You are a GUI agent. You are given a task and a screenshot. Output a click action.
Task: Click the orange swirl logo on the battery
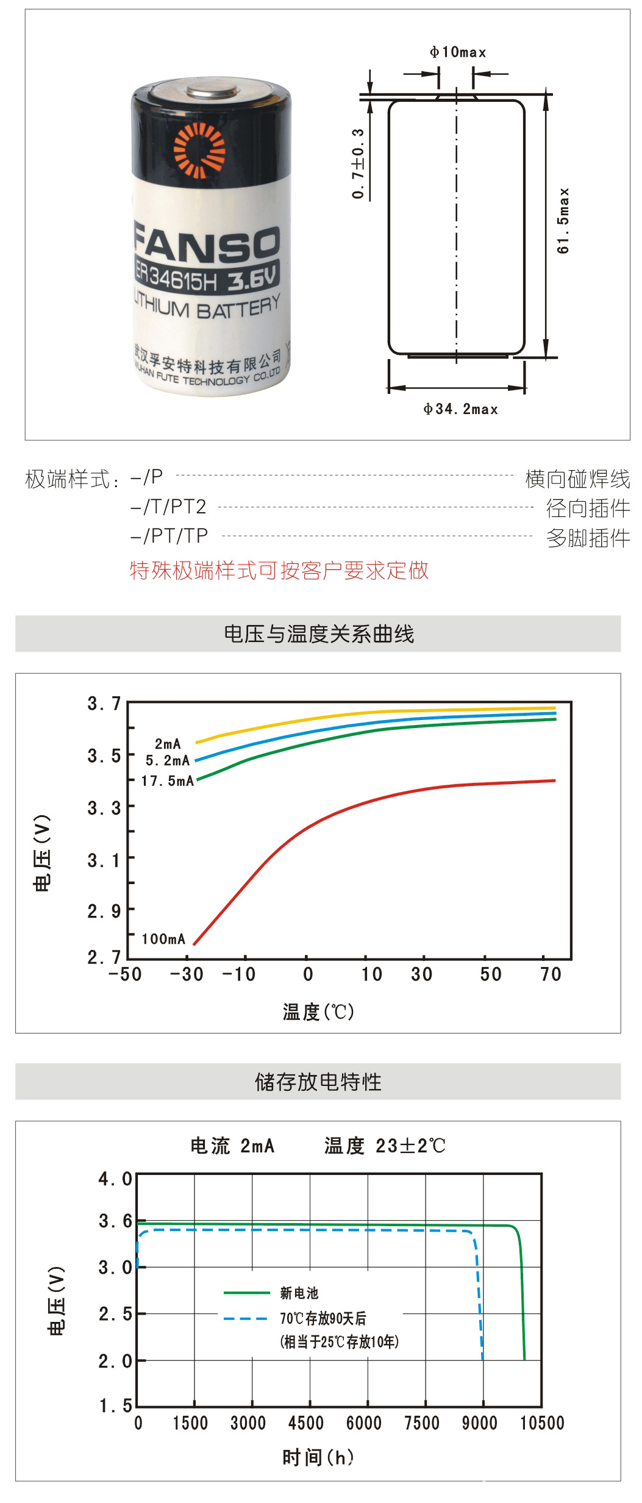pyautogui.click(x=199, y=150)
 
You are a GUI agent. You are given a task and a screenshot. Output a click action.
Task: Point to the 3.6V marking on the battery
pyautogui.click(x=252, y=280)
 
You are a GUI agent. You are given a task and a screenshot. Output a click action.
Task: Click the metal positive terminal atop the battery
pyautogui.click(x=212, y=91)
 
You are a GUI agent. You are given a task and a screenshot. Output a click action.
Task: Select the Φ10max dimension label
pyautogui.click(x=458, y=52)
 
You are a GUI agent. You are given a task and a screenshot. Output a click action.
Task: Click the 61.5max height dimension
pyautogui.click(x=563, y=221)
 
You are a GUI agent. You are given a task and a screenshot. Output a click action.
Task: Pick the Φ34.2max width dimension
pyautogui.click(x=461, y=409)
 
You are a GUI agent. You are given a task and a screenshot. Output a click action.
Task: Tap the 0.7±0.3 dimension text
pyautogui.click(x=358, y=163)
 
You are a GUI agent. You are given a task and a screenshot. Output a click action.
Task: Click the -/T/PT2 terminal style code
pyautogui.click(x=168, y=507)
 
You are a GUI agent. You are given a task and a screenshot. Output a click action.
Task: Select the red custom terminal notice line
pyautogui.click(x=279, y=571)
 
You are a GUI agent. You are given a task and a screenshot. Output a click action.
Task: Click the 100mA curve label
pyautogui.click(x=163, y=939)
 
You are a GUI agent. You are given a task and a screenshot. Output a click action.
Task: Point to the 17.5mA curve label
pyautogui.click(x=168, y=781)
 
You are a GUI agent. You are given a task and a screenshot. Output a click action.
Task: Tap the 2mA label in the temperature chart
pyautogui.click(x=168, y=744)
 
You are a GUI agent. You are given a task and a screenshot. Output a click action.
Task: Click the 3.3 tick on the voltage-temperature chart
pyautogui.click(x=104, y=809)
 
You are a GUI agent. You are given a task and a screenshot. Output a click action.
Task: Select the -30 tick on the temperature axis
pyautogui.click(x=187, y=974)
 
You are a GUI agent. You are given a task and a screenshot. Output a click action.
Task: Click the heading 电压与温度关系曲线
pyautogui.click(x=319, y=634)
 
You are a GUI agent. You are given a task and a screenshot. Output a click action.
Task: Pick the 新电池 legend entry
pyautogui.click(x=299, y=1293)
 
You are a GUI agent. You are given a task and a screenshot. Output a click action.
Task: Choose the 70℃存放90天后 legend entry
pyautogui.click(x=323, y=1318)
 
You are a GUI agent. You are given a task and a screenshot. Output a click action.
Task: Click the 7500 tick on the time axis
pyautogui.click(x=422, y=1423)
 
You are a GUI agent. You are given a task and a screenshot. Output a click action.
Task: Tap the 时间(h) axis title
pyautogui.click(x=318, y=1457)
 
